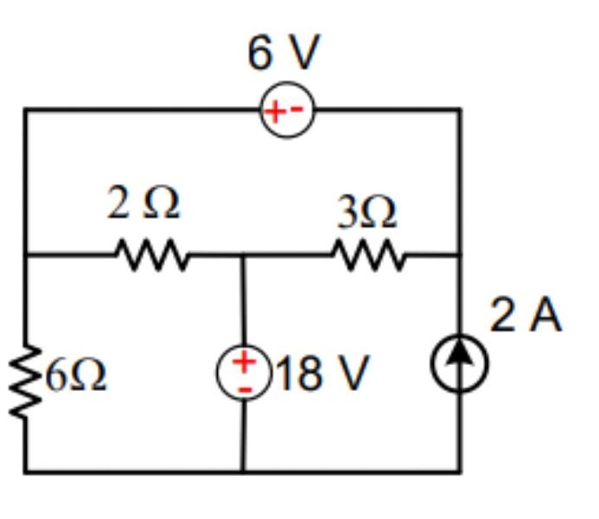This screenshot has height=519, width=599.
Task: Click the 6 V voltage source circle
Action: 287,112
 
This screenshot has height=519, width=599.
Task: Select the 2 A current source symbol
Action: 460,365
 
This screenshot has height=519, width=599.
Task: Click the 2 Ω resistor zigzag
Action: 148,255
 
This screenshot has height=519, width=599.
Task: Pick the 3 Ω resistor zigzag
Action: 366,255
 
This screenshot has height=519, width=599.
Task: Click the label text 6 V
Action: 283,54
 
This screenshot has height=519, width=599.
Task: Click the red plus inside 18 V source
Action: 245,361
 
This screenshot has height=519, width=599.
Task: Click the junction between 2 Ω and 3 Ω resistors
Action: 244,255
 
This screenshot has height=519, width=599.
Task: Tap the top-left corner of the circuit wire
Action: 25,110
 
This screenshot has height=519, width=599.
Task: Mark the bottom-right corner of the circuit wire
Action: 460,471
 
